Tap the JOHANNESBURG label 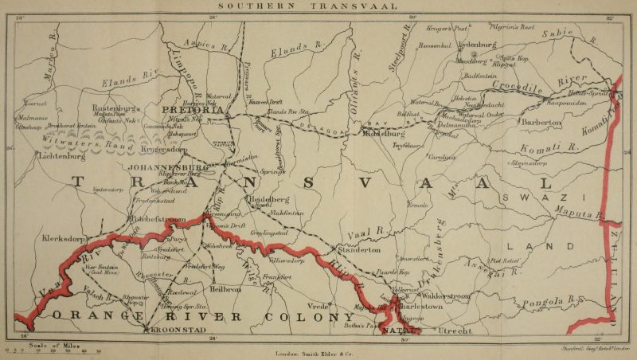166,167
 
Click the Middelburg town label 385,135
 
